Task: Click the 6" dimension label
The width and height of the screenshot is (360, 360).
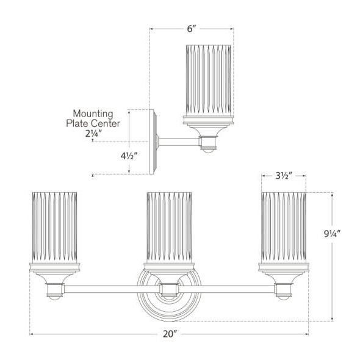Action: [x=192, y=29]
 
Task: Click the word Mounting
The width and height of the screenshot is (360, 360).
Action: [x=93, y=113]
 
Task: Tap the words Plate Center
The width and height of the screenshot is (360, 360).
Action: [x=93, y=123]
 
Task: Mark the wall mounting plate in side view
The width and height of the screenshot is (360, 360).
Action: [x=154, y=142]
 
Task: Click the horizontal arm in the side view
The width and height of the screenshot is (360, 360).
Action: [x=178, y=142]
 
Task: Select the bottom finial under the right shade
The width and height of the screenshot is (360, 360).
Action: [x=283, y=297]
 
